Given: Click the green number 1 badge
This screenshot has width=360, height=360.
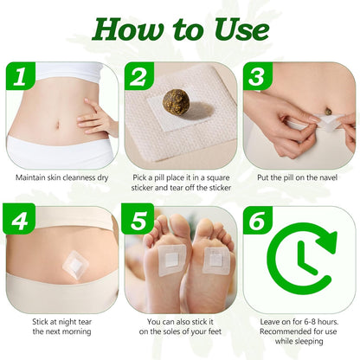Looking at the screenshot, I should [x=23, y=80].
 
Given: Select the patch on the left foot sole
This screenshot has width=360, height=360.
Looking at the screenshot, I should [x=171, y=256].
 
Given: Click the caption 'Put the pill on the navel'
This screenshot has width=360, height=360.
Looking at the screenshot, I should [x=299, y=177].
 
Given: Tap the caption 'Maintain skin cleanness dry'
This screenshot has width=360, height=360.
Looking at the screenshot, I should [x=61, y=177].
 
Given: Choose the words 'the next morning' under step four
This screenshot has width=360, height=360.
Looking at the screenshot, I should [x=61, y=331].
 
